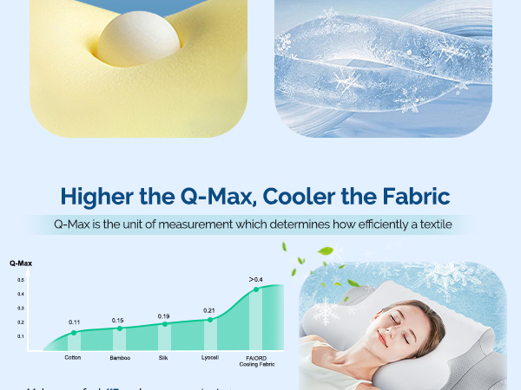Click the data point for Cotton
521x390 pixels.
click(x=74, y=333)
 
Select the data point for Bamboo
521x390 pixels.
click(x=120, y=328)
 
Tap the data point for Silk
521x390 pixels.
click(x=164, y=324)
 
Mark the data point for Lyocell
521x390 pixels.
click(x=209, y=320)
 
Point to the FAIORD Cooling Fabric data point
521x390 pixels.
click(x=255, y=289)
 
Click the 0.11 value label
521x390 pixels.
click(x=74, y=322)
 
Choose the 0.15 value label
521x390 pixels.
click(x=118, y=321)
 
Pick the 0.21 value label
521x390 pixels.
click(x=209, y=310)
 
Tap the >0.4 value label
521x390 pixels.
click(x=255, y=279)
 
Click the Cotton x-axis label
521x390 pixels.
click(x=74, y=357)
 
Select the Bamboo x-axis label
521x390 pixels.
click(x=120, y=357)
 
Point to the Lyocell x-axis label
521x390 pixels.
click(x=209, y=357)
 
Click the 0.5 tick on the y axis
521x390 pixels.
click(x=20, y=280)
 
